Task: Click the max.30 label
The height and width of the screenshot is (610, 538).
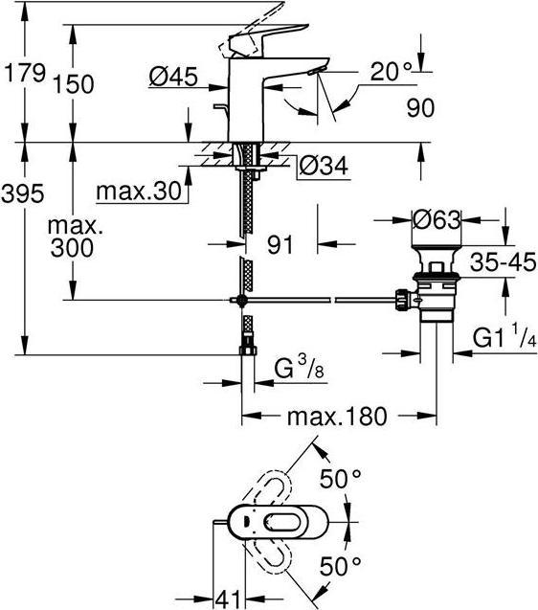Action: [139, 192]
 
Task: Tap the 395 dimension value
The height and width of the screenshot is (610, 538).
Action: [23, 194]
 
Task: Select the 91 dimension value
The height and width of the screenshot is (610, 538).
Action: [278, 244]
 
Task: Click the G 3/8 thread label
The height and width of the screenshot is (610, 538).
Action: [300, 368]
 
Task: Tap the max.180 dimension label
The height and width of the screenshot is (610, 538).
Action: [336, 417]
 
